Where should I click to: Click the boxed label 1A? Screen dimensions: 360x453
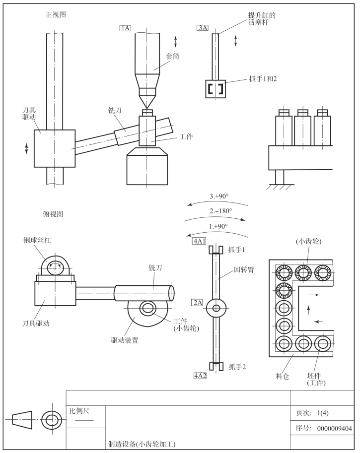(125, 28)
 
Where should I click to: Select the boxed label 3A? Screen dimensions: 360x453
(203, 28)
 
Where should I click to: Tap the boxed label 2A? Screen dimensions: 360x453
(198, 303)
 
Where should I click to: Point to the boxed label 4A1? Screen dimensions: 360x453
(199, 241)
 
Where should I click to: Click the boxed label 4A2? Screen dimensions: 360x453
(200, 376)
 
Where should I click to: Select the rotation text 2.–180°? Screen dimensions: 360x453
(220, 211)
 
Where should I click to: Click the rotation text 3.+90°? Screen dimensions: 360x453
(219, 196)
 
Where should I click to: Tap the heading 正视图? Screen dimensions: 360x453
(56, 14)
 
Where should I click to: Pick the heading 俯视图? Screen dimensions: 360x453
(53, 214)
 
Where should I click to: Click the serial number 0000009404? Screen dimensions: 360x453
(335, 428)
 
